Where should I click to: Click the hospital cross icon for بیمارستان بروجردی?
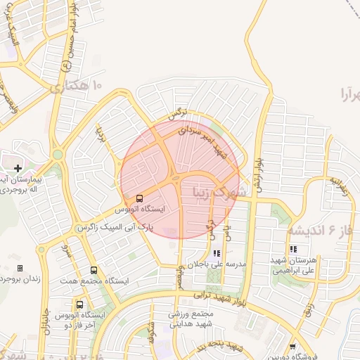click(x=18, y=168)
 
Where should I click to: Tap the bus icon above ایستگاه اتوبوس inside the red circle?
click(x=139, y=198)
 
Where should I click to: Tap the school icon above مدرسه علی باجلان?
click(x=216, y=252)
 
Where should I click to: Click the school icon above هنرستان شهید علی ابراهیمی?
click(x=292, y=249)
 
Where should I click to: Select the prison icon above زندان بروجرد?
click(x=20, y=268)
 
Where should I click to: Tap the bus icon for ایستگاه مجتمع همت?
click(x=94, y=270)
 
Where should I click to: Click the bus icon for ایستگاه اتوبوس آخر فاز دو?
click(x=79, y=305)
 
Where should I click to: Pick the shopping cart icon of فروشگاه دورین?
click(x=292, y=347)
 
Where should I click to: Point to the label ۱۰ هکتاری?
click(x=76, y=86)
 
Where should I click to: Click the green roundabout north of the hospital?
click(x=58, y=155)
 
